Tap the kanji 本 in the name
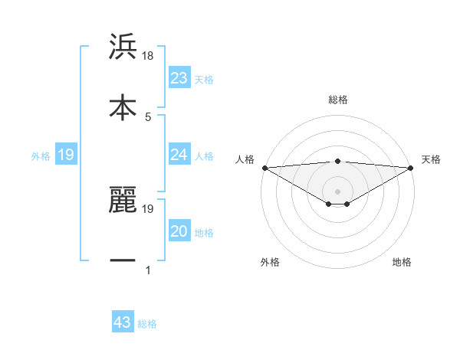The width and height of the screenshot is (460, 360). point(123,106)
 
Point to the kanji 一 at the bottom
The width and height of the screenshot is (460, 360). point(123,261)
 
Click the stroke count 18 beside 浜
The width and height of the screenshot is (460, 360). point(149,57)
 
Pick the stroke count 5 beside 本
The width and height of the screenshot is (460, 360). point(148,116)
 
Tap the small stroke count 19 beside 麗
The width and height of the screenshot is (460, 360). point(149,208)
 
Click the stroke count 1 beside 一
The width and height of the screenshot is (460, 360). point(148,270)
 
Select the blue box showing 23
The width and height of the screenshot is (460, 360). point(179,77)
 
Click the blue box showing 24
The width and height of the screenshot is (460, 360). point(179,155)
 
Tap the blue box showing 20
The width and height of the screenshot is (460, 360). point(179,231)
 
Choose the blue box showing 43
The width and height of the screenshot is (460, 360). point(123,322)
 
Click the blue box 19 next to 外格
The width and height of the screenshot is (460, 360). point(66,155)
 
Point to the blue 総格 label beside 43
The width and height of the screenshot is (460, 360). point(147,324)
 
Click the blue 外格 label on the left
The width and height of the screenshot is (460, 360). point(41,156)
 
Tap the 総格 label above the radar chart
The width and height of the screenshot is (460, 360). point(337,100)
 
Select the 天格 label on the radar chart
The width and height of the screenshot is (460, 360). point(431,159)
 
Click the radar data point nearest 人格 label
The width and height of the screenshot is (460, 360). point(264,168)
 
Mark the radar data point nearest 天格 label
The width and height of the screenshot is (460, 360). point(411,168)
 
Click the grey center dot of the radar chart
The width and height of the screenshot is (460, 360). point(337,191)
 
